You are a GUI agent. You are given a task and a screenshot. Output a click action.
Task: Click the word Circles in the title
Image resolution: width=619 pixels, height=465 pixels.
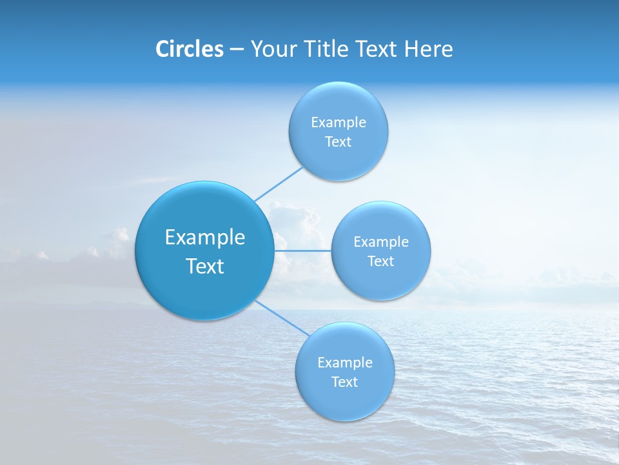[190, 49]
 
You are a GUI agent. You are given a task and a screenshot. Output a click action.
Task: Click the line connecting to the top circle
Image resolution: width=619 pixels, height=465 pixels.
[279, 184]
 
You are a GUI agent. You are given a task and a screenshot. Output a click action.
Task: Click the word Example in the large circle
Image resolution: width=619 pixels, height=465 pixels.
[205, 238]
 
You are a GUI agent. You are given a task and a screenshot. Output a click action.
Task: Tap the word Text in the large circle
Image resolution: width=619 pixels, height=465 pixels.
[205, 266]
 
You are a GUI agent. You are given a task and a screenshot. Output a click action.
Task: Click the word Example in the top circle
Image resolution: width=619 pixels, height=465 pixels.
[339, 123]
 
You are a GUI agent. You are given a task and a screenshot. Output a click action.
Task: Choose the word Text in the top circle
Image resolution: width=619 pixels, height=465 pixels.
[339, 142]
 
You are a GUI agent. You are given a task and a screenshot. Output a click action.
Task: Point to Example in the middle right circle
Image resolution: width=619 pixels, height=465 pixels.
[381, 242]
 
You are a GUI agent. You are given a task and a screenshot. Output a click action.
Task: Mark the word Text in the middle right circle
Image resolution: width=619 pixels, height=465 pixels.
[381, 262]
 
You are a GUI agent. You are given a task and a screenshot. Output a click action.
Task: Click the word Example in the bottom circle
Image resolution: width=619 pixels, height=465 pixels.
[345, 363]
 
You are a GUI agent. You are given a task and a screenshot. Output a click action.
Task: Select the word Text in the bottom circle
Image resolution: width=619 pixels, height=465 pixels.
[345, 382]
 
